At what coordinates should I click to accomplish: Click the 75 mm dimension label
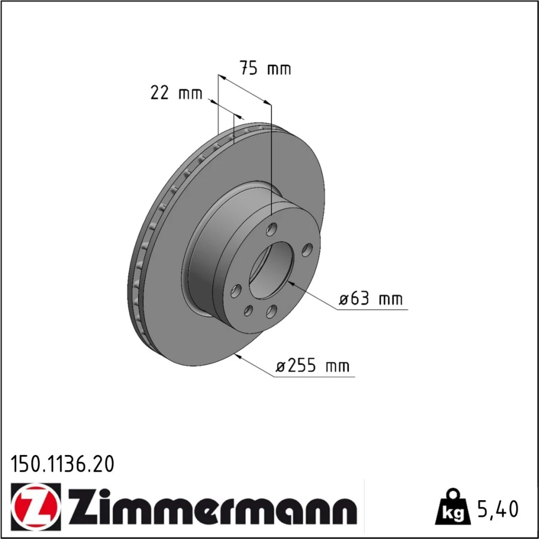click(265, 68)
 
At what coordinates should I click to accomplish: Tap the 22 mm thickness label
click(176, 93)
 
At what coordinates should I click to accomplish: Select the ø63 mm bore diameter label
click(371, 299)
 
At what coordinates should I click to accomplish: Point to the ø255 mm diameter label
click(313, 366)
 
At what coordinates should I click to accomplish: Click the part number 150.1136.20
click(62, 465)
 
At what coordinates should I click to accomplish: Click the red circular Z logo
click(36, 504)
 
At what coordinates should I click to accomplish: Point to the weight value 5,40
click(497, 509)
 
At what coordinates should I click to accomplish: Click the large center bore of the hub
click(272, 270)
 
